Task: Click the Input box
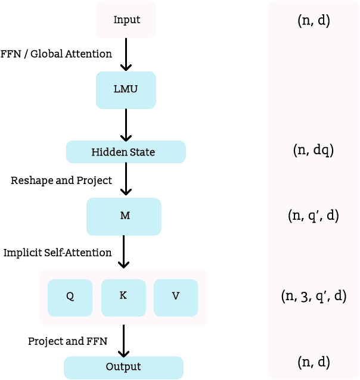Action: (126, 20)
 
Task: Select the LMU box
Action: (126, 90)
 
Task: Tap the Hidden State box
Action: (126, 152)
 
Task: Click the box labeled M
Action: (124, 216)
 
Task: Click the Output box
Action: (123, 367)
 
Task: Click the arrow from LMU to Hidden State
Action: (126, 124)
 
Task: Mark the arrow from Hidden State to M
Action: (126, 179)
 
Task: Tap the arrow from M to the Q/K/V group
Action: (123, 252)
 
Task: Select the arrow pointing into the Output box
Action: (123, 341)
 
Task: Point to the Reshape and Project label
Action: (61, 180)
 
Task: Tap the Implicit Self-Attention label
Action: (57, 253)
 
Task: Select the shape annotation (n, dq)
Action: (314, 151)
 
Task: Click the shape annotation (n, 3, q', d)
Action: (314, 296)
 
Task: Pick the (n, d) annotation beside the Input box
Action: (314, 21)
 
